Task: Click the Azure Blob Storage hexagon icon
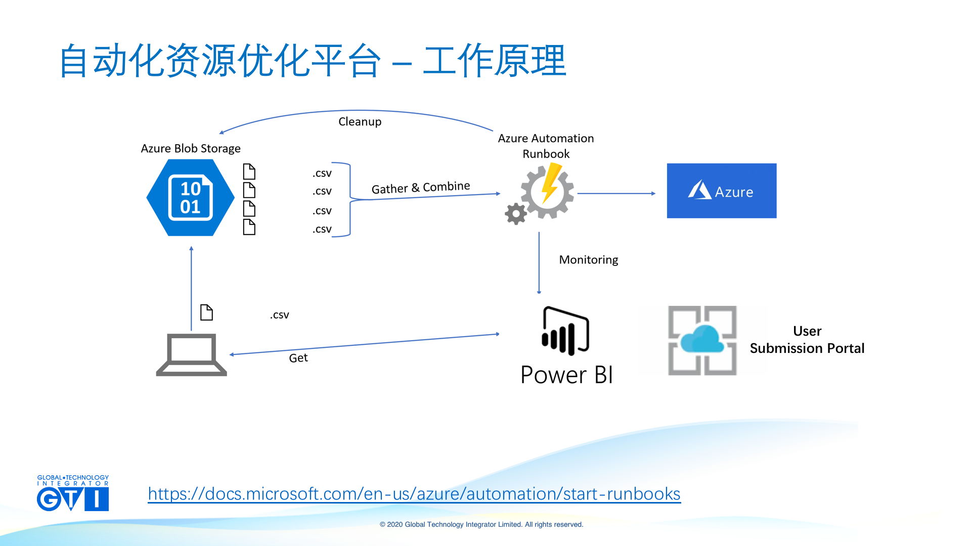pyautogui.click(x=190, y=198)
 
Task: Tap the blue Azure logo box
pyautogui.click(x=721, y=191)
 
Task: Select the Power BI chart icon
pyautogui.click(x=565, y=331)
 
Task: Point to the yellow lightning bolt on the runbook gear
pyautogui.click(x=550, y=183)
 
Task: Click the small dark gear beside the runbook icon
pyautogui.click(x=515, y=214)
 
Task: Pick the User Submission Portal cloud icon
pyautogui.click(x=702, y=340)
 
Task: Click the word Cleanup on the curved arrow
pyautogui.click(x=360, y=122)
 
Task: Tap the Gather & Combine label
pyautogui.click(x=420, y=188)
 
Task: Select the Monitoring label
pyautogui.click(x=588, y=260)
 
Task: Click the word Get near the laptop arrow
pyautogui.click(x=298, y=358)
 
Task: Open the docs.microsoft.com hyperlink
pyautogui.click(x=414, y=494)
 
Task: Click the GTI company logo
pyautogui.click(x=73, y=493)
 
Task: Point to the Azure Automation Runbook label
pyautogui.click(x=546, y=146)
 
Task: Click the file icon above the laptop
pyautogui.click(x=206, y=312)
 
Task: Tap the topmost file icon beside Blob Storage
pyautogui.click(x=249, y=171)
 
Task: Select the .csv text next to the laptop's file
pyautogui.click(x=279, y=315)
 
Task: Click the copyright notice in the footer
pyautogui.click(x=481, y=525)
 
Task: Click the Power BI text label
pyautogui.click(x=566, y=375)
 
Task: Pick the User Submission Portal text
pyautogui.click(x=807, y=340)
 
